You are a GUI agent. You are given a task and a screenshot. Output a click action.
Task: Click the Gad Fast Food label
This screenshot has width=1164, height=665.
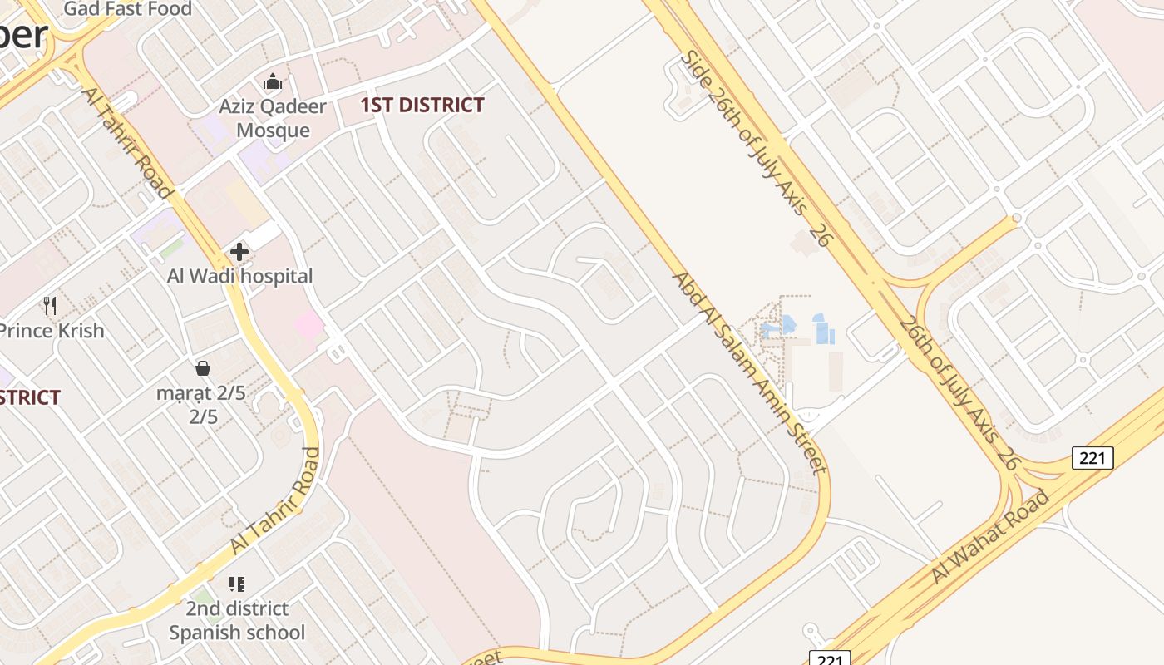(127, 9)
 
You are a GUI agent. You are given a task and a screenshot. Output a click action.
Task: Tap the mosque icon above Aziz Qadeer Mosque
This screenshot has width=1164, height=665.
(272, 82)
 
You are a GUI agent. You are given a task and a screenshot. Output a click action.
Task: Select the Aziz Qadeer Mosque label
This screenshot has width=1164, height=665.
(273, 118)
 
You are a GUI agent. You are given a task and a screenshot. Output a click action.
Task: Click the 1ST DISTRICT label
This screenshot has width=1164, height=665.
(422, 106)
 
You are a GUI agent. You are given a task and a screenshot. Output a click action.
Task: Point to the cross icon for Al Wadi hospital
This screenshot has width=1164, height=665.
(239, 252)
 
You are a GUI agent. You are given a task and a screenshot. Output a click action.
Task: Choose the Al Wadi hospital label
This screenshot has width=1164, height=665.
(239, 276)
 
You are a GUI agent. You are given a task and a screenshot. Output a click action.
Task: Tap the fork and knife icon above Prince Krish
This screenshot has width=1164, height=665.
(50, 306)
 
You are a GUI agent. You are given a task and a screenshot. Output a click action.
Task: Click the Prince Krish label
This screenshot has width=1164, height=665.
(52, 330)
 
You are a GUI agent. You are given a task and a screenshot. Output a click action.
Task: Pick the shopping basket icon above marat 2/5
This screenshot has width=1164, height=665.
(202, 368)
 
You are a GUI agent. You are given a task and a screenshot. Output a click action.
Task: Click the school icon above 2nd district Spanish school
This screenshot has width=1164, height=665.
(237, 584)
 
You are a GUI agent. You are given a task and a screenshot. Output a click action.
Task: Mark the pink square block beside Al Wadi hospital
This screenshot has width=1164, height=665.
(308, 324)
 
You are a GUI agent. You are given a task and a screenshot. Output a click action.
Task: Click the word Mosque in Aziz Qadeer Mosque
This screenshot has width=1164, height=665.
(273, 131)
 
